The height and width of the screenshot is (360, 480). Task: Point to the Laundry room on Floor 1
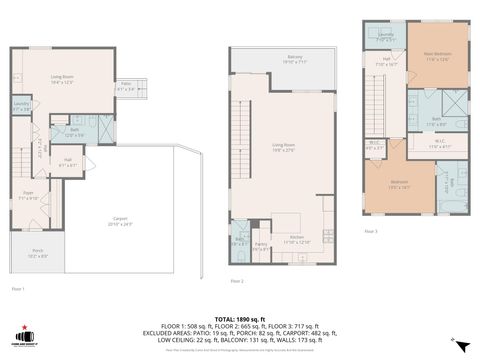(x=21, y=105)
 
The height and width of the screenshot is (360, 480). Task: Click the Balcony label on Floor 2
(x=294, y=59)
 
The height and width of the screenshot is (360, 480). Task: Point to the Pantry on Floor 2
(x=260, y=245)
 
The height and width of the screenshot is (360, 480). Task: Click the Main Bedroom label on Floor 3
(x=438, y=58)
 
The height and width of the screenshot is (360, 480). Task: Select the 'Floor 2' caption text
(x=237, y=281)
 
